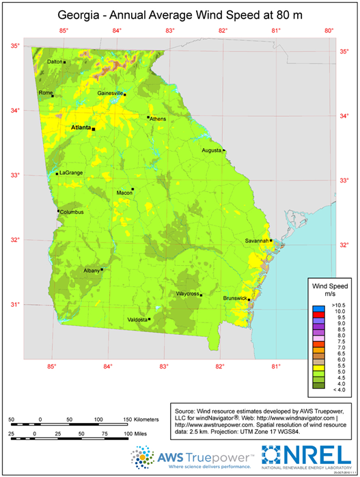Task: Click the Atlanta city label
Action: [x=81, y=127]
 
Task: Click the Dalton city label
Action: [x=54, y=62]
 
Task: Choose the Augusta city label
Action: [x=212, y=150]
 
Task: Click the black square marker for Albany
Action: [x=102, y=269]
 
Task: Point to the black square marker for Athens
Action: [x=148, y=117]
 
